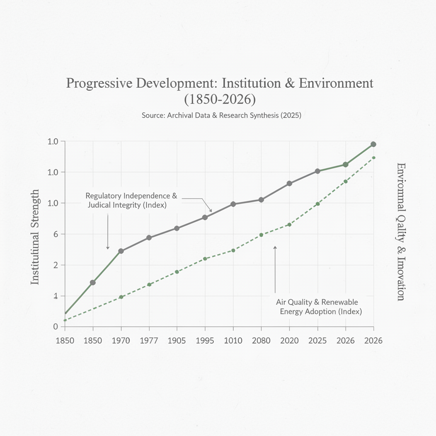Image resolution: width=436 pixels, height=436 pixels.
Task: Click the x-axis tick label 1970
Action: coord(121,341)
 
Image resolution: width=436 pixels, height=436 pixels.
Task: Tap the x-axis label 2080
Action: coord(261,341)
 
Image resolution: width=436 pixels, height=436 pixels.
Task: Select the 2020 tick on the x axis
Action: coord(289,341)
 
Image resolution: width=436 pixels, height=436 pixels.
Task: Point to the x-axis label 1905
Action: coord(177,341)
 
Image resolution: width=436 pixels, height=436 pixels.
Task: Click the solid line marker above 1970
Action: coord(121,251)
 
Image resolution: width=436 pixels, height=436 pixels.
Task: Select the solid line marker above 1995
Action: coord(205,217)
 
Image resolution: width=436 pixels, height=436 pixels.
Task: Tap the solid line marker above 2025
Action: coord(317,171)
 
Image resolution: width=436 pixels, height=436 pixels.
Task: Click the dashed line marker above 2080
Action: coord(261,235)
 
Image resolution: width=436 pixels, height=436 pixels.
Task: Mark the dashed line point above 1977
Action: coord(149,284)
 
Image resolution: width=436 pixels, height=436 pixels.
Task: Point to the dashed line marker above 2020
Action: coord(290,224)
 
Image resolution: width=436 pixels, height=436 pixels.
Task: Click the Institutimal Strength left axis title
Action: coord(35,237)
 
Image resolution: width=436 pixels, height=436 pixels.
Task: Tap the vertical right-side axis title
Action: coord(401,232)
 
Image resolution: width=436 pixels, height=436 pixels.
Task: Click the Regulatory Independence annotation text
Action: coord(131,201)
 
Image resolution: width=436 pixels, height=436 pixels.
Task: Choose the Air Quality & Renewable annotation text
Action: coord(317,307)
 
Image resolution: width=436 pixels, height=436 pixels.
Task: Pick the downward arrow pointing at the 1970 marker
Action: coord(108,232)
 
